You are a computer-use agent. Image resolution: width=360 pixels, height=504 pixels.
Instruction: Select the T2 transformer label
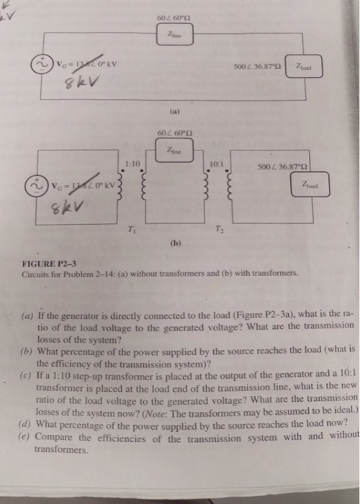pyautogui.click(x=217, y=230)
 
